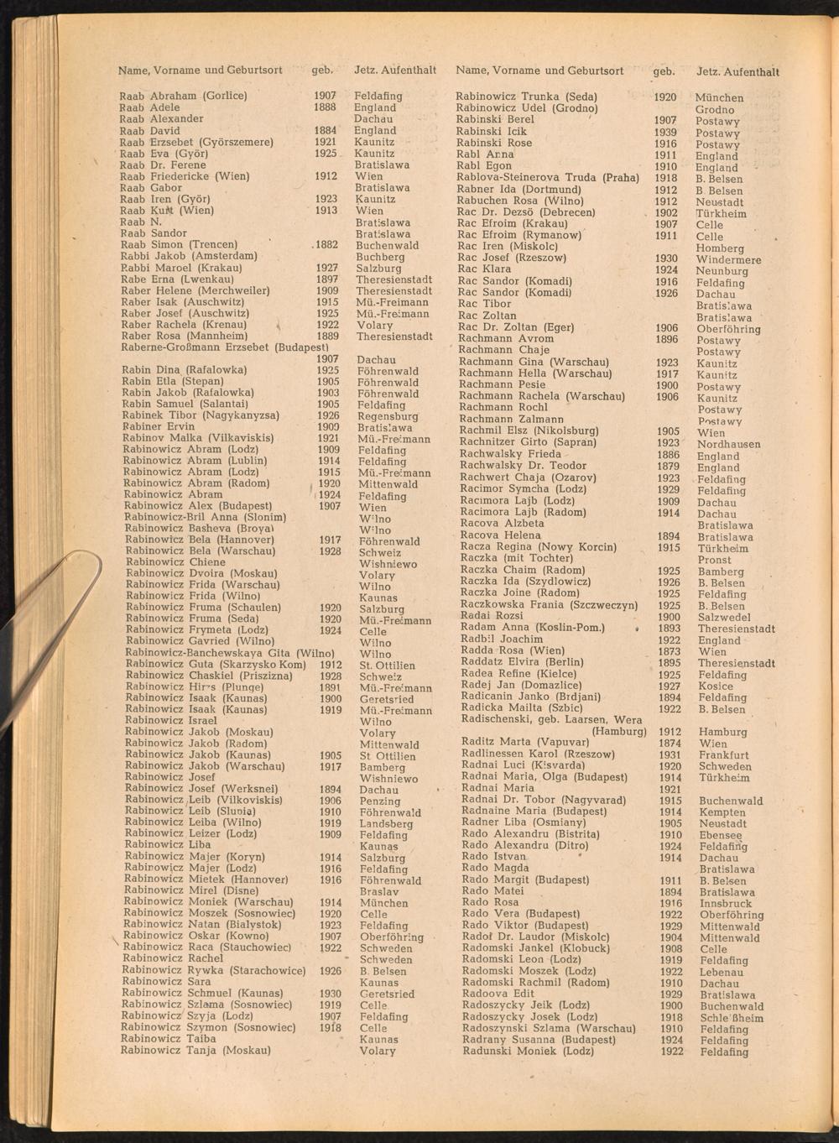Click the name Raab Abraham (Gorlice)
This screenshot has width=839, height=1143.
[x=183, y=96]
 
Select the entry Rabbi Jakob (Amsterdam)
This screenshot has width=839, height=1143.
[x=189, y=256]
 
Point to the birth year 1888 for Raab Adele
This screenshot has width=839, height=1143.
[x=325, y=107]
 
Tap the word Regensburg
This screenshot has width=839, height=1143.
[x=387, y=416]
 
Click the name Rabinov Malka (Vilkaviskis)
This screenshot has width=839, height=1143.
[x=198, y=438]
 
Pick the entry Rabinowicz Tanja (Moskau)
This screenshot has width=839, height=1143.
[x=195, y=1050]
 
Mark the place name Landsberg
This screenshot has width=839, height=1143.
[x=386, y=824]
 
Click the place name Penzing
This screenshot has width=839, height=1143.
[x=380, y=801]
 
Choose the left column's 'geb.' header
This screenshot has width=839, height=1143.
[x=322, y=70]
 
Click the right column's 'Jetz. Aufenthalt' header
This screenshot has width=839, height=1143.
[x=737, y=71]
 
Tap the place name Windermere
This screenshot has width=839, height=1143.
[x=728, y=260]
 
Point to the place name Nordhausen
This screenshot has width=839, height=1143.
[x=728, y=445]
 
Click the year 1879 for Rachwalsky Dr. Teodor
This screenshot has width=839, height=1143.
[x=668, y=467]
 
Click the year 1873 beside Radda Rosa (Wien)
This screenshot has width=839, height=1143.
[x=669, y=651]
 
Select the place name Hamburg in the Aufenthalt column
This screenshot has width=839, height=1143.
[x=722, y=732]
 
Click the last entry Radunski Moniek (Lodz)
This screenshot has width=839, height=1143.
[x=528, y=1051]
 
